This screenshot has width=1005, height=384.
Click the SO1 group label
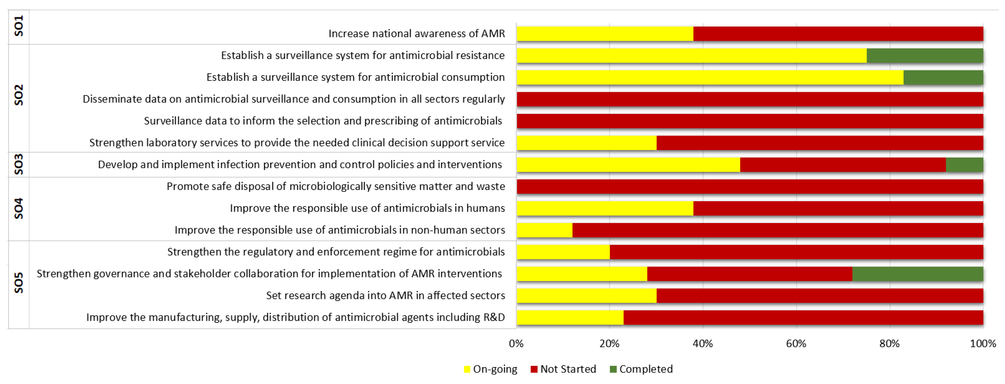click(18, 26)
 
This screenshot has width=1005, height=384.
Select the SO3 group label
click(18, 164)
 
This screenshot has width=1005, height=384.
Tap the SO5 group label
click(18, 283)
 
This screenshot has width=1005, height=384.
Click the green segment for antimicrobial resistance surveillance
click(925, 56)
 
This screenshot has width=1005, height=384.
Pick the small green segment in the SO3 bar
click(964, 165)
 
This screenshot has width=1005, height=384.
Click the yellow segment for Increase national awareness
click(605, 34)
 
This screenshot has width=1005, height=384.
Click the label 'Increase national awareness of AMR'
click(416, 34)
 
